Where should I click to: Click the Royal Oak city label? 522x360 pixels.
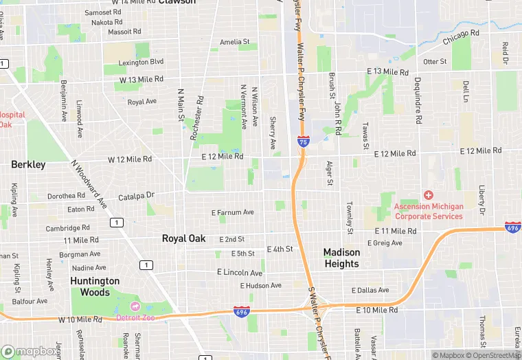pyautogui.click(x=183, y=238)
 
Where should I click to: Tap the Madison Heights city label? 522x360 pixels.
pyautogui.click(x=341, y=258)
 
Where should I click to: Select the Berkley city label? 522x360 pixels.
pyautogui.click(x=28, y=164)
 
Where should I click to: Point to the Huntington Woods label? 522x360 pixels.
pyautogui.click(x=95, y=286)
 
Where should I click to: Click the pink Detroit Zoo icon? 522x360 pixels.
pyautogui.click(x=135, y=306)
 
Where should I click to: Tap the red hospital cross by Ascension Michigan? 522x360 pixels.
pyautogui.click(x=429, y=196)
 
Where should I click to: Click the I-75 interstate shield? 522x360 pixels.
pyautogui.click(x=304, y=142)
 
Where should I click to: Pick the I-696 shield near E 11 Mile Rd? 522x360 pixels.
pyautogui.click(x=512, y=227)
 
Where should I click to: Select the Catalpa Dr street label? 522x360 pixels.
pyautogui.click(x=137, y=196)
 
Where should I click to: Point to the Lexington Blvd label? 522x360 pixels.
pyautogui.click(x=141, y=62)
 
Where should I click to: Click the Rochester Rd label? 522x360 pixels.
pyautogui.click(x=197, y=118)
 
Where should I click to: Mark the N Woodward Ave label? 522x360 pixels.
pyautogui.click(x=89, y=185)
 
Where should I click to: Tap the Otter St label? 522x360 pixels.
pyautogui.click(x=435, y=62)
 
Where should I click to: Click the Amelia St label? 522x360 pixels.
pyautogui.click(x=234, y=42)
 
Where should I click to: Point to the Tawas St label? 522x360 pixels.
pyautogui.click(x=366, y=135)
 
